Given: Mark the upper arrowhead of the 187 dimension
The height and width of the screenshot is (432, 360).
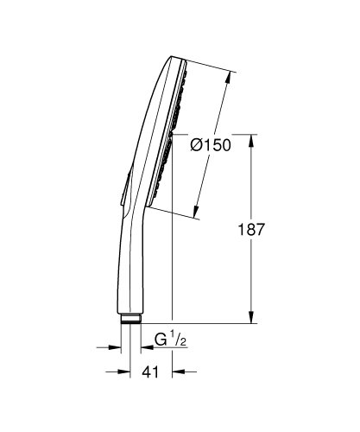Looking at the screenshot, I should click(x=251, y=138).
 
